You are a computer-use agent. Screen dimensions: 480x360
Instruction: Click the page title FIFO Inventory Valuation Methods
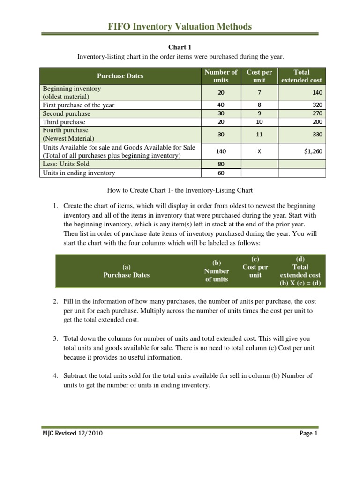coord(180,27)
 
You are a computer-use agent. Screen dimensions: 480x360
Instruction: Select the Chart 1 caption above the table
coord(180,47)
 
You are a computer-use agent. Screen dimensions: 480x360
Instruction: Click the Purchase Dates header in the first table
coord(120,76)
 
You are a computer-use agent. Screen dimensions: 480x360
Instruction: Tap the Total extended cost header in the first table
coord(301,76)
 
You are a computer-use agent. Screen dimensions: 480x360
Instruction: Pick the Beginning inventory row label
coord(72,89)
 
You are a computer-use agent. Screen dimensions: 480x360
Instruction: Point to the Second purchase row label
coord(67,113)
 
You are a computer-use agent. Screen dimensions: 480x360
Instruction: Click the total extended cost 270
coord(317,113)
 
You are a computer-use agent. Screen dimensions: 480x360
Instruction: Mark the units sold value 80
coord(221,164)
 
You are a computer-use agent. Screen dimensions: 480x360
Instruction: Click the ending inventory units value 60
coord(221,172)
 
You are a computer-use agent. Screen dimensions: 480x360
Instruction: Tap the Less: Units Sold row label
coord(66,164)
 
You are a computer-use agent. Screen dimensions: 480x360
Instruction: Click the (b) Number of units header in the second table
coord(217,271)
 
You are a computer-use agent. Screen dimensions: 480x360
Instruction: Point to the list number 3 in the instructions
coord(55,338)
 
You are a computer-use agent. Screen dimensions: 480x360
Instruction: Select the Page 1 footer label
coord(308,434)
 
